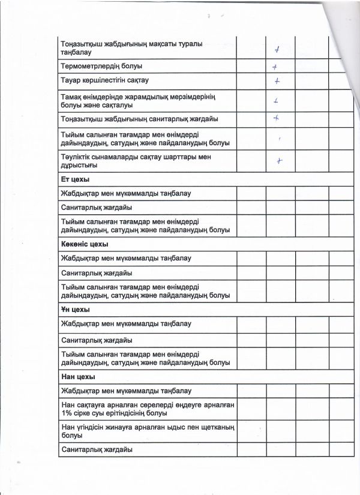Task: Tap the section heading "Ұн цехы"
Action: click(75, 310)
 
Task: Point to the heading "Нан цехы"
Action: click(77, 377)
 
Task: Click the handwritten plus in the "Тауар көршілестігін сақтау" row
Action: click(277, 80)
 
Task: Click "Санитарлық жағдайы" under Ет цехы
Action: click(96, 207)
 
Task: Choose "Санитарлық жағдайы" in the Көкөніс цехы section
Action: click(96, 272)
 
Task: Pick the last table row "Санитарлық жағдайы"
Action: click(96, 449)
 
